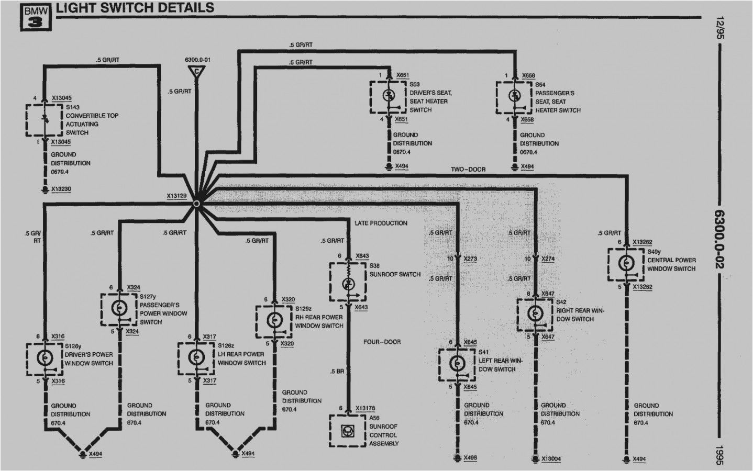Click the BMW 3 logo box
(37, 16)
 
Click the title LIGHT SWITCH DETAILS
(135, 7)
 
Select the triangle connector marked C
(196, 72)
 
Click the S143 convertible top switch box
(45, 120)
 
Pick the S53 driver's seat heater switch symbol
(389, 97)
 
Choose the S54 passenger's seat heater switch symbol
(515, 97)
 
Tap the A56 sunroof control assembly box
(347, 431)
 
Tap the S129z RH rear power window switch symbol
(273, 321)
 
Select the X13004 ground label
(551, 459)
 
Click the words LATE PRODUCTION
(381, 223)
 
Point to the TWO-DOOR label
(468, 170)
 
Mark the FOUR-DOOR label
(382, 342)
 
